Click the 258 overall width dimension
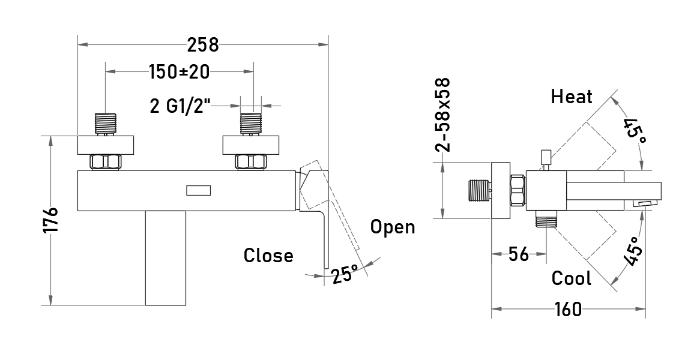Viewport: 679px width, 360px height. click(x=203, y=44)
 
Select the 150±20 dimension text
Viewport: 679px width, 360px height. click(x=180, y=72)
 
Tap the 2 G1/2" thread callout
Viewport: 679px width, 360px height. click(x=180, y=106)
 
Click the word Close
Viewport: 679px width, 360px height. click(x=268, y=255)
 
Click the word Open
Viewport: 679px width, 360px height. click(x=393, y=227)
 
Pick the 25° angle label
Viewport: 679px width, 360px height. click(x=346, y=274)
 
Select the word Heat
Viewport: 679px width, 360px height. click(x=571, y=97)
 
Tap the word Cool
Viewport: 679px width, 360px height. click(x=571, y=278)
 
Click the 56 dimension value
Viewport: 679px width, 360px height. click(x=518, y=254)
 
